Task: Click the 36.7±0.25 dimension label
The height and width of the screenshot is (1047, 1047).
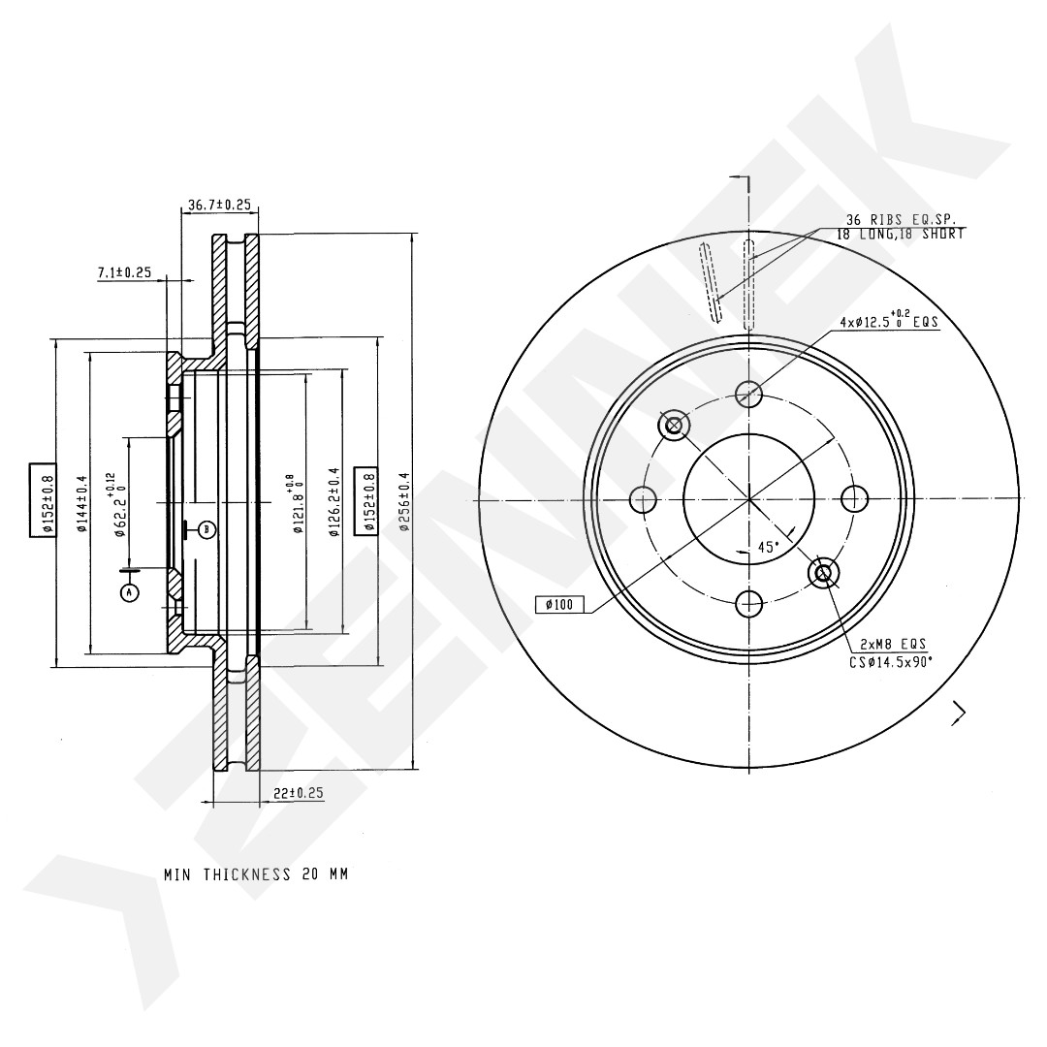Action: point(219,205)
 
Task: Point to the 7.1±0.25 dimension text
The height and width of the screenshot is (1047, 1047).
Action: point(125,272)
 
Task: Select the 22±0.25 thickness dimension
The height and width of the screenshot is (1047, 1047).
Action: point(299,793)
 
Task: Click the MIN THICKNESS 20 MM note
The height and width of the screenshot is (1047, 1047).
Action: point(256,874)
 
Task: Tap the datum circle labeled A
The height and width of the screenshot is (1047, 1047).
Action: point(130,591)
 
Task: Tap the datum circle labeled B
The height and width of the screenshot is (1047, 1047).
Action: point(207,530)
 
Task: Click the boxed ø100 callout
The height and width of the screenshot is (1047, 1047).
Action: point(559,605)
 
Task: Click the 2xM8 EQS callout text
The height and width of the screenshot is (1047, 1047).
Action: point(893,645)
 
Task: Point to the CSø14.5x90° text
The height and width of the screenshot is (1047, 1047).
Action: point(891,662)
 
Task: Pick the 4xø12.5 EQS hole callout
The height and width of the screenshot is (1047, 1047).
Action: point(888,321)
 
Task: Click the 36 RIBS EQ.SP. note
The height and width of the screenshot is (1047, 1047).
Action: point(901,219)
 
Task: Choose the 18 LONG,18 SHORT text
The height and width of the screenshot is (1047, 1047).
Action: point(901,235)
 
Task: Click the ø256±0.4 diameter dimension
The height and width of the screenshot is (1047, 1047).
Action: point(405,501)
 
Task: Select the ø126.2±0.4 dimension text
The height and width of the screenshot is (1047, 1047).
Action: point(334,501)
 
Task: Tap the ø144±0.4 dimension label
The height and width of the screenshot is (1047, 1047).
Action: point(82,503)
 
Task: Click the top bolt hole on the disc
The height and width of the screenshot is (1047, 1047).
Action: point(748,394)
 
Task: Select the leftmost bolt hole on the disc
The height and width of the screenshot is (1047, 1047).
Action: point(643,499)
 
